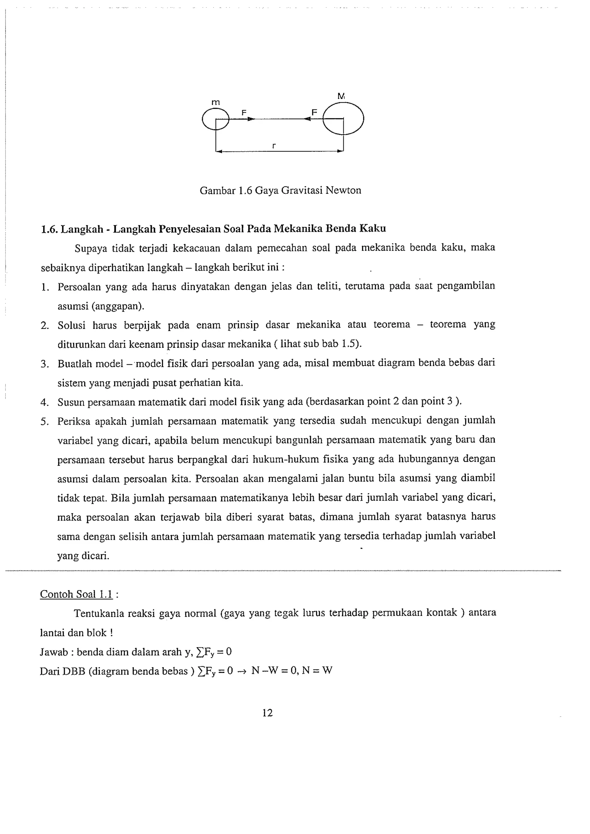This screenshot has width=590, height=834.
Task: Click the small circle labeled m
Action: (x=215, y=119)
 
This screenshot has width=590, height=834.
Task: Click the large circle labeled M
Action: (x=343, y=118)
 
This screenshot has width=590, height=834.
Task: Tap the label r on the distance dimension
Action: (x=274, y=146)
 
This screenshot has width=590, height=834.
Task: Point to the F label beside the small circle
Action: (x=244, y=113)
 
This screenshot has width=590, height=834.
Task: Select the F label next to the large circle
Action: (x=314, y=112)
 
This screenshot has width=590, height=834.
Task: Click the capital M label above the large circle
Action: (x=341, y=96)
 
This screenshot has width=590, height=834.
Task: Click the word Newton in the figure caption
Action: (x=343, y=190)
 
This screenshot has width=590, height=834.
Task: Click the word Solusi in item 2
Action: (x=71, y=325)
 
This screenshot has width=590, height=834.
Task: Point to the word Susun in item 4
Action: (x=71, y=402)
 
